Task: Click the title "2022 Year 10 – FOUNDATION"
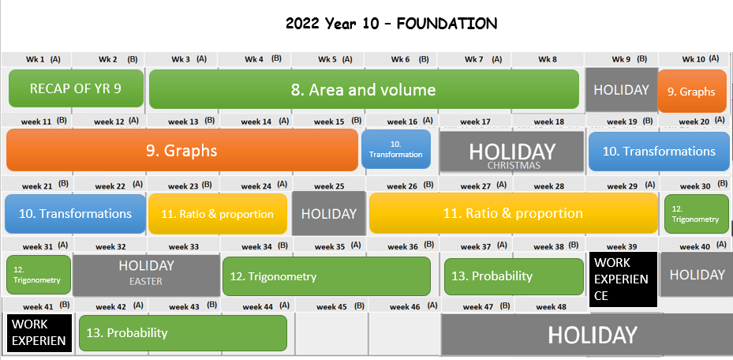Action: click(391, 24)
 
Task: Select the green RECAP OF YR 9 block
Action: click(77, 88)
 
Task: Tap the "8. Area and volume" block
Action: click(364, 89)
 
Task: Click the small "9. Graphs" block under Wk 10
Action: click(692, 91)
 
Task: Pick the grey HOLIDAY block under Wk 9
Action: click(621, 90)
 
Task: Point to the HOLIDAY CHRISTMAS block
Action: click(512, 151)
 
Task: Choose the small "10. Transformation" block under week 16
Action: click(396, 149)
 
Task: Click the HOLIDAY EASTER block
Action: click(146, 275)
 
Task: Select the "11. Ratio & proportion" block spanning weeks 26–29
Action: click(514, 213)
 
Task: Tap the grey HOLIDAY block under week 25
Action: click(329, 213)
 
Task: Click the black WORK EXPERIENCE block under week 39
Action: click(623, 279)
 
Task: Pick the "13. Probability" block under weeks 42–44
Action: click(183, 333)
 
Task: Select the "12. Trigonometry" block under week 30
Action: click(696, 214)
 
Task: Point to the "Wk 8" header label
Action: click(548, 59)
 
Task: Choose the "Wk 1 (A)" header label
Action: click(43, 59)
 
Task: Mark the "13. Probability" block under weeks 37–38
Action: click(514, 276)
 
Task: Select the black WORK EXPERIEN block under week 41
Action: click(39, 333)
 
